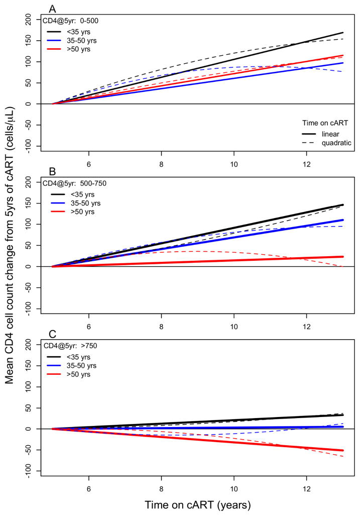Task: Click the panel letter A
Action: coord(52,9)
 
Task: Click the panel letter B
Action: coord(52,171)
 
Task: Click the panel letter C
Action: coord(52,334)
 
